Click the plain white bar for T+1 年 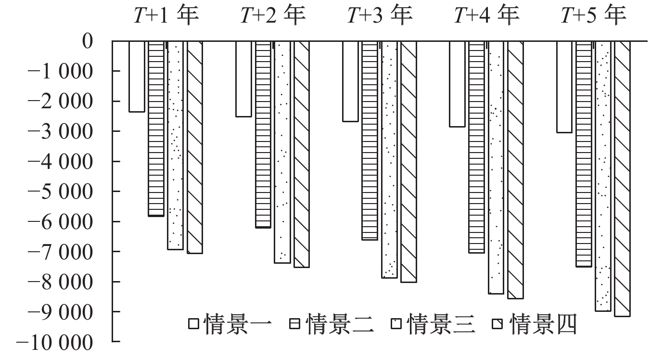click(x=137, y=77)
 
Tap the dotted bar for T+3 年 click(x=389, y=159)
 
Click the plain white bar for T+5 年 click(x=564, y=87)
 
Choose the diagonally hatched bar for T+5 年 click(x=622, y=179)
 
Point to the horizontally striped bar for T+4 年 click(x=476, y=147)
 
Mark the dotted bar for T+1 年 click(x=176, y=145)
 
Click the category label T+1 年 click(x=166, y=16)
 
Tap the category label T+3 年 click(x=380, y=16)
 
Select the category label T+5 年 click(x=594, y=16)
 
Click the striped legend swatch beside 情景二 click(x=295, y=324)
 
